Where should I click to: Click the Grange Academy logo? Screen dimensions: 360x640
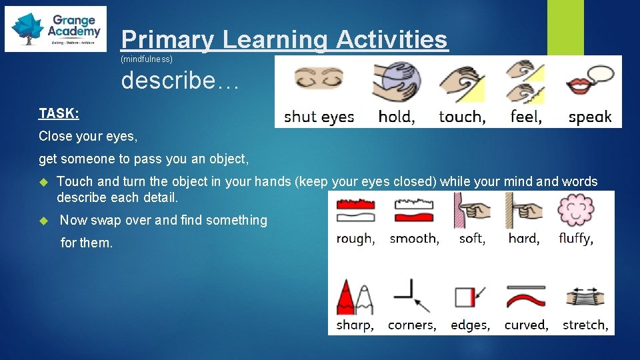pos(55,29)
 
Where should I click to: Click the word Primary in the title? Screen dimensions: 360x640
pos(167,39)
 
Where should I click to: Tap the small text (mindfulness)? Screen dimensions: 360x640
pos(146,60)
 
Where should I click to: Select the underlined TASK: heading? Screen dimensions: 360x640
pos(59,113)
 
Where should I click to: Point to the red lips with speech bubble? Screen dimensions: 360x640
pos(588,81)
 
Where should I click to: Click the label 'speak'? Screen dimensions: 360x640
pos(589,117)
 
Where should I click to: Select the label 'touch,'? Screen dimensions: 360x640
pos(462,117)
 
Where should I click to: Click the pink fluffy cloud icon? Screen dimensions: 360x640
pos(575,210)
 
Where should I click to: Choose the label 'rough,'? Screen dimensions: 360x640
pos(355,239)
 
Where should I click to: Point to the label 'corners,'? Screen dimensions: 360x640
pos(412,325)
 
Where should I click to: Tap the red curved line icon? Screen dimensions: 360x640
pos(526,297)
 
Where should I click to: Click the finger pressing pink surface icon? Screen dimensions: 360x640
pos(471,210)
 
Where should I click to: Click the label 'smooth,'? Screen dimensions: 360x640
pos(414,239)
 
